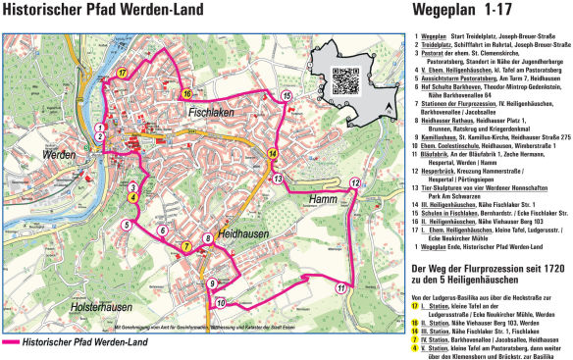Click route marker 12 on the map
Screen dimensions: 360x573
[x=355, y=182]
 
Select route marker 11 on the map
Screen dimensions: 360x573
[x=339, y=286]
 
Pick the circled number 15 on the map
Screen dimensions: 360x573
[x=285, y=95]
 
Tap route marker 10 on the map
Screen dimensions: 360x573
[x=221, y=302]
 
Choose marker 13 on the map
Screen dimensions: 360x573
[x=278, y=179]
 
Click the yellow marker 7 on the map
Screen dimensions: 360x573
[x=186, y=245]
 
